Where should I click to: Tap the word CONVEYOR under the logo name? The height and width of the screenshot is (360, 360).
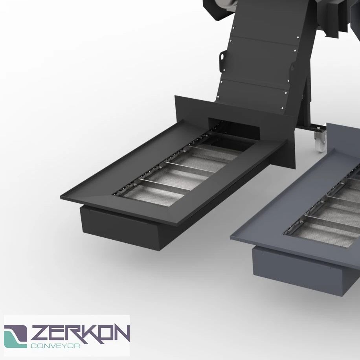[55, 345]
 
